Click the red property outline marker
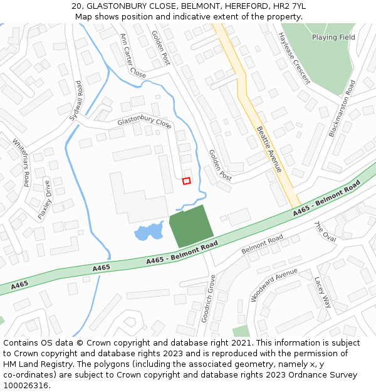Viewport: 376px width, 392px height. click(x=186, y=181)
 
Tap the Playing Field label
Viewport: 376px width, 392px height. click(x=333, y=38)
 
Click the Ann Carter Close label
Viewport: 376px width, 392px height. click(x=133, y=56)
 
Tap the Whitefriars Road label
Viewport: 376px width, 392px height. click(x=21, y=162)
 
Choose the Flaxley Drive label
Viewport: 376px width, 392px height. click(x=44, y=199)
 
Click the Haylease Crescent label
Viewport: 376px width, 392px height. click(x=294, y=58)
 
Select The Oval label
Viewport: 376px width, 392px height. click(x=325, y=232)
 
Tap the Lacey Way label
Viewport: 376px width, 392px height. click(x=322, y=292)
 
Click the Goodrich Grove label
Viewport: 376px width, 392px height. click(x=208, y=299)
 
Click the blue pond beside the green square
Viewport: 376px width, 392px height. click(x=148, y=233)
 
